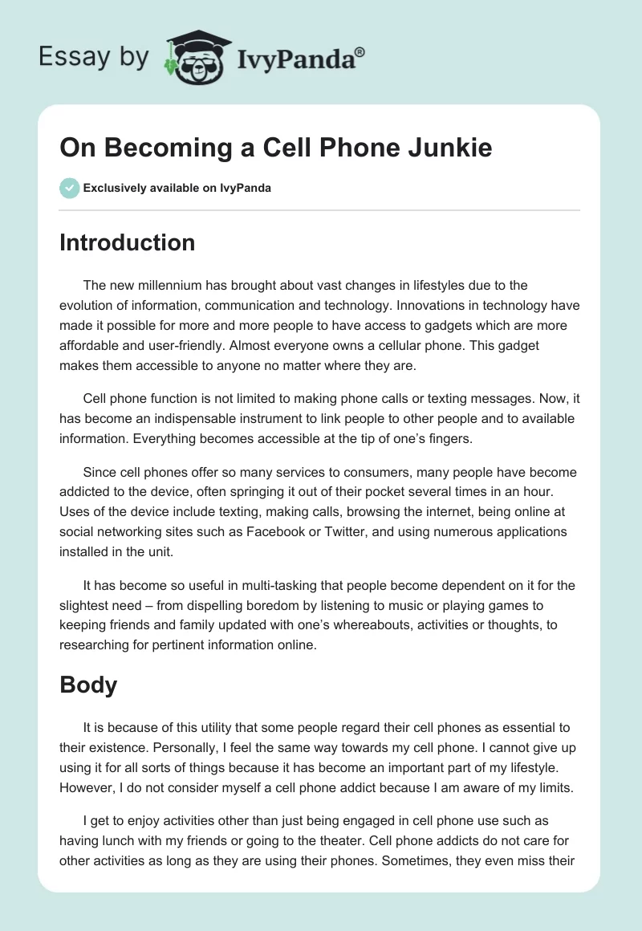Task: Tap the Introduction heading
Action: [127, 242]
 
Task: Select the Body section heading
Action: [88, 685]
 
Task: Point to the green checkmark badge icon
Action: [69, 188]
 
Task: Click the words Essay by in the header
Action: [93, 58]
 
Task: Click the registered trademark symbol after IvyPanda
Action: [360, 51]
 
